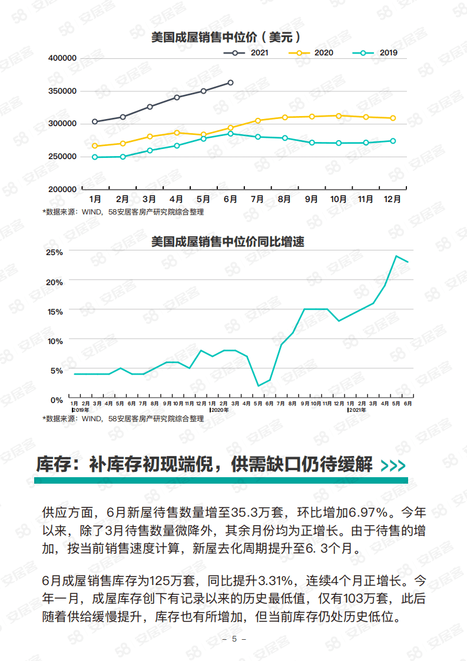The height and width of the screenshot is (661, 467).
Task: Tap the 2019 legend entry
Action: click(x=375, y=53)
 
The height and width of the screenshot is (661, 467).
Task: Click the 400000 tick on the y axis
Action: click(x=62, y=58)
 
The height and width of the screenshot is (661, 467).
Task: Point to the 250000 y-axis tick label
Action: click(x=62, y=157)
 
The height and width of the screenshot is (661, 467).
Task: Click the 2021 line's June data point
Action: click(x=230, y=82)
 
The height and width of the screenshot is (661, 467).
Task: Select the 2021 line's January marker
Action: click(x=95, y=122)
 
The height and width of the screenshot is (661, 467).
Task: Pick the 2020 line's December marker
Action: click(x=393, y=118)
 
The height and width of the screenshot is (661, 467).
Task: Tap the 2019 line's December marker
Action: click(x=393, y=141)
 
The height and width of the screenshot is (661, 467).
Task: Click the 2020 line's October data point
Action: click(x=339, y=116)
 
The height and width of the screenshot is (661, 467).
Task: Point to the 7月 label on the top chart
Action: click(x=257, y=199)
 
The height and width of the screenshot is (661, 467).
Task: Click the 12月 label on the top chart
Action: click(x=392, y=199)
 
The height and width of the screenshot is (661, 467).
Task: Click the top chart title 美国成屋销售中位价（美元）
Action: click(x=227, y=37)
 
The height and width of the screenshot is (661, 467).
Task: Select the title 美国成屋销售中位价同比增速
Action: click(x=227, y=242)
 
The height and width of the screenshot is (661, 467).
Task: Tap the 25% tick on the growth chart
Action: click(x=55, y=252)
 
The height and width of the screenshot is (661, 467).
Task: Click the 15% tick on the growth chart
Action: click(x=55, y=311)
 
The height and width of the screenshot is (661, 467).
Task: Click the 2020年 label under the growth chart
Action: click(x=219, y=409)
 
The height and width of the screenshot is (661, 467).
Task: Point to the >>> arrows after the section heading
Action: click(x=393, y=466)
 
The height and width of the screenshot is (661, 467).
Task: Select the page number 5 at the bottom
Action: click(x=234, y=639)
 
